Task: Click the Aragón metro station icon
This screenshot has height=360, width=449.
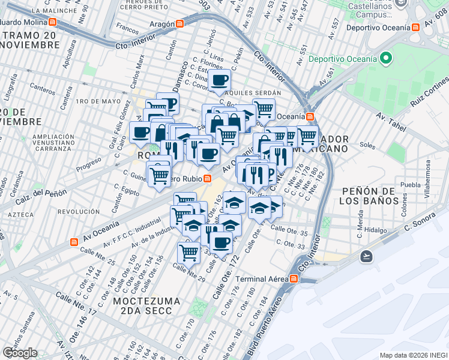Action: tap(179, 24)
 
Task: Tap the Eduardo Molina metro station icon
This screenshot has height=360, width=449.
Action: tap(53, 22)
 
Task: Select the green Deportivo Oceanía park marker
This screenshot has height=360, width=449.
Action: tap(385, 58)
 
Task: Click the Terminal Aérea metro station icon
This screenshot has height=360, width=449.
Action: tap(294, 279)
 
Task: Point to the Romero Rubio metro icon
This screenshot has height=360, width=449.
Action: tap(207, 178)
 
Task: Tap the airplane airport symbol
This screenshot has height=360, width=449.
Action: tap(366, 256)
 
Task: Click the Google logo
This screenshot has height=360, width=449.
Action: tap(19, 353)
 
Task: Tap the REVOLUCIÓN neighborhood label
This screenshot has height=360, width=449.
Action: tap(78, 212)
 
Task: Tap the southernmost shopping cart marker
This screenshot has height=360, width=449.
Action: tap(189, 251)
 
